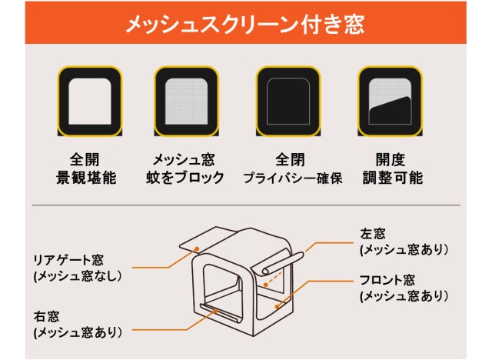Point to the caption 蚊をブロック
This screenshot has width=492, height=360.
pyautogui.click(x=185, y=178)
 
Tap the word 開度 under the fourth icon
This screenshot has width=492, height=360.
pyautogui.click(x=391, y=160)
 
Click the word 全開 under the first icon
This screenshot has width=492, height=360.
pyautogui.click(x=85, y=160)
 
